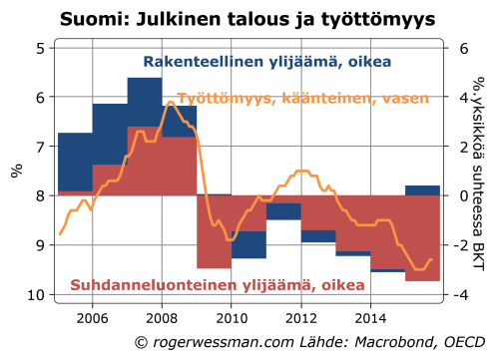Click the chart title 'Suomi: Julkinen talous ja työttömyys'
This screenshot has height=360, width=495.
coord(248,19)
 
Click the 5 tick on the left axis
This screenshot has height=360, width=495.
coord(39,48)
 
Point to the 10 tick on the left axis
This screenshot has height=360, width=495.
coord(35,294)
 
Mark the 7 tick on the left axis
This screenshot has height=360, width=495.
coord(39,147)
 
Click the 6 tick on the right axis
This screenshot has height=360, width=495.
coord(463,48)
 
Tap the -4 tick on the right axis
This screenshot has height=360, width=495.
coord(460,294)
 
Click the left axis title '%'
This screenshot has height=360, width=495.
coord(17,171)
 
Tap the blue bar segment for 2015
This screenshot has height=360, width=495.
coord(422,190)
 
